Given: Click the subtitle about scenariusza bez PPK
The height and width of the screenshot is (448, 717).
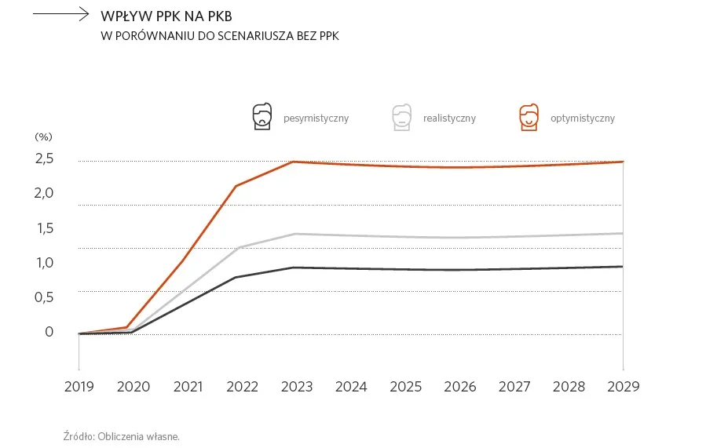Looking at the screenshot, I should (220, 35).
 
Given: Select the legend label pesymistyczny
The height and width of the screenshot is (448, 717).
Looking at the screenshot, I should (316, 118).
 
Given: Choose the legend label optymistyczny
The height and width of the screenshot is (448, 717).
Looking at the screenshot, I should (582, 118).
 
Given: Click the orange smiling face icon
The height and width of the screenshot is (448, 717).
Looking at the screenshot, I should (529, 117).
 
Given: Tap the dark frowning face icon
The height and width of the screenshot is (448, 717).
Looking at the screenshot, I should (262, 117).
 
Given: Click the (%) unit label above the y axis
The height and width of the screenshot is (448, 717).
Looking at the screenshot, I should (43, 137).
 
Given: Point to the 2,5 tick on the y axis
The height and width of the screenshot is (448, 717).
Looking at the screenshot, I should (44, 159).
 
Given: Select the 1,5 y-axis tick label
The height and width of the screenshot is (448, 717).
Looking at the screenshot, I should (44, 228).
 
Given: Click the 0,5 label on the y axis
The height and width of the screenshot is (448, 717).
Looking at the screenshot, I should (44, 297).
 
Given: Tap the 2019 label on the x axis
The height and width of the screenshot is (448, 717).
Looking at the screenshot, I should (79, 387).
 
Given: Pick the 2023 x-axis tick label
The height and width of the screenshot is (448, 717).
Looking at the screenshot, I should (297, 387).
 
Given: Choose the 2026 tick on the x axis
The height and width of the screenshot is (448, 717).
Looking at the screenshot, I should (460, 387).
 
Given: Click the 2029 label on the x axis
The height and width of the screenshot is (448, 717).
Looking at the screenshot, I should (624, 387).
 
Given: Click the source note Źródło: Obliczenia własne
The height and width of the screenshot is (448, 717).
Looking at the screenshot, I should (122, 435).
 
